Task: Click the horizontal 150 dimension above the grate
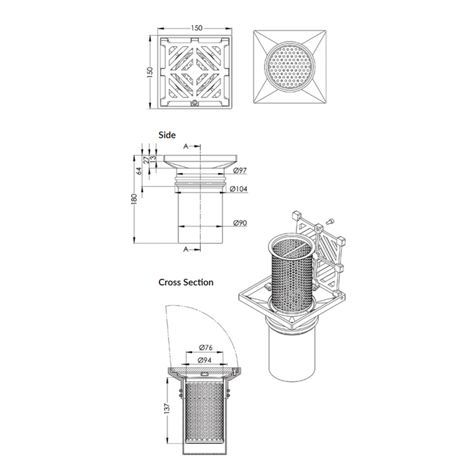coord(196,28)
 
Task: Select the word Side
coord(167,134)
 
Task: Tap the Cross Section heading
coord(185,282)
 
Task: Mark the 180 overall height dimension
coord(135,198)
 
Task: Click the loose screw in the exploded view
coord(330,221)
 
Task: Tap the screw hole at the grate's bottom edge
coord(195,102)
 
